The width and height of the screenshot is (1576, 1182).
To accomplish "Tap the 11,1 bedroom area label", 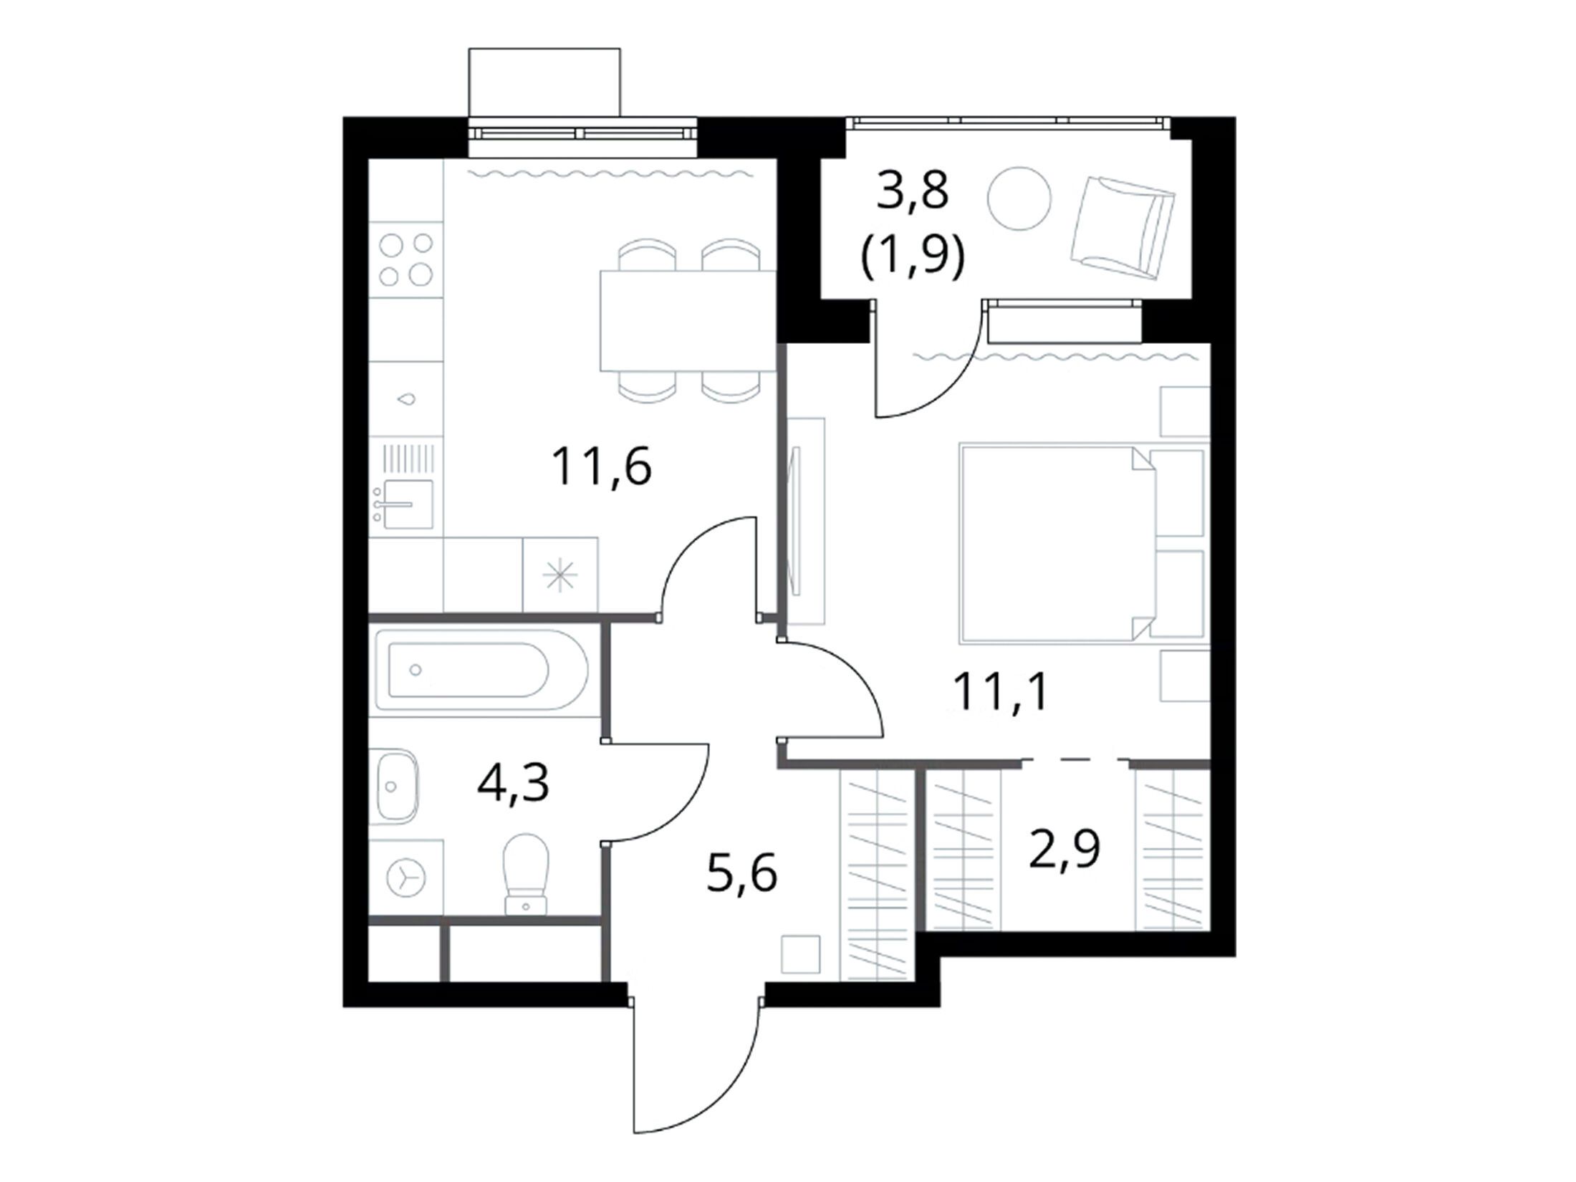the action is (x=1000, y=693).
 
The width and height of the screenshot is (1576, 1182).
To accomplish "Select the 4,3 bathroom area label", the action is (x=513, y=783).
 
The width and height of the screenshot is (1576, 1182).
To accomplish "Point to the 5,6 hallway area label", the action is (x=741, y=874).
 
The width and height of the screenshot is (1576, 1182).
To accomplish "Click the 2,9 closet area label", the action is (x=1064, y=849).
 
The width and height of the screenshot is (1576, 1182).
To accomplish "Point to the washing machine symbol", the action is (x=406, y=876).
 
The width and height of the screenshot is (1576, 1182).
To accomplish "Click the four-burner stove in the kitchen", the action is (x=406, y=259).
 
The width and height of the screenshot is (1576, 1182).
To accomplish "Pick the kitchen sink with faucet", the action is (x=405, y=503).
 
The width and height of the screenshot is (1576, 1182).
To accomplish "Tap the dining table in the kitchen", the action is (x=688, y=320).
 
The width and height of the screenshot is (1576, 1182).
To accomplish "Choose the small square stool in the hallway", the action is (x=799, y=953).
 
